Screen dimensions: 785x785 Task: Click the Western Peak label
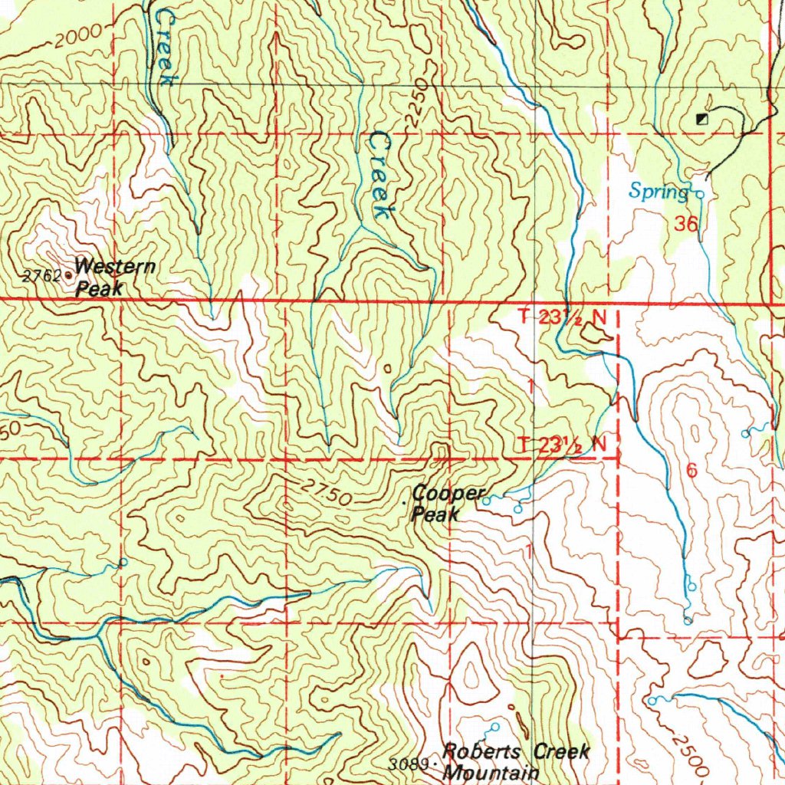[115, 278]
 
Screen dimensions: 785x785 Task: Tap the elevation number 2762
[41, 277]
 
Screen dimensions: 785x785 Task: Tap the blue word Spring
[659, 192]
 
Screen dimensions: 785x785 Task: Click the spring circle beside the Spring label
[699, 195]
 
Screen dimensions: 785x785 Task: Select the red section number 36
[687, 225]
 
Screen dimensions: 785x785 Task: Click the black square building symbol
[701, 119]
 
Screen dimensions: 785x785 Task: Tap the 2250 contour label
[415, 100]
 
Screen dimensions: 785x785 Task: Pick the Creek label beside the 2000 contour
[161, 50]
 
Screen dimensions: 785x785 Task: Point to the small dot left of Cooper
[405, 504]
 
